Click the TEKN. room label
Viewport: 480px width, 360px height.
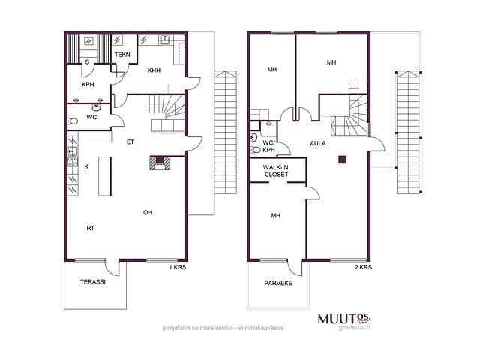[123, 55]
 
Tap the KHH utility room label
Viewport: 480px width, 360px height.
[154, 70]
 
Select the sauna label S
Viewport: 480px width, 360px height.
[87, 62]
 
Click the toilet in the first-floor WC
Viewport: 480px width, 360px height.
[73, 121]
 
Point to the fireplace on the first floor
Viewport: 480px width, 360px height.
[160, 163]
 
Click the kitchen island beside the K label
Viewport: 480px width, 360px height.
[105, 176]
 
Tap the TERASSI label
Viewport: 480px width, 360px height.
[93, 282]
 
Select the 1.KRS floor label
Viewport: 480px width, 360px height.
[178, 267]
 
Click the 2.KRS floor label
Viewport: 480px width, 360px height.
[363, 267]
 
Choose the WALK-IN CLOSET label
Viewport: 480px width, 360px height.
[276, 171]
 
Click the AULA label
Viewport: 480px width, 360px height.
[318, 143]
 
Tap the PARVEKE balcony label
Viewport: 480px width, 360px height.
[278, 283]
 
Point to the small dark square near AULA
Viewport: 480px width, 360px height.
[342, 160]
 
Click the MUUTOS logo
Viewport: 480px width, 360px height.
[344, 318]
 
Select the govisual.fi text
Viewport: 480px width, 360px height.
[355, 328]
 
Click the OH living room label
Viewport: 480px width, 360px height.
[148, 212]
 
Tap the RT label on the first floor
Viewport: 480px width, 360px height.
[90, 228]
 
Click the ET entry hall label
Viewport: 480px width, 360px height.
[130, 142]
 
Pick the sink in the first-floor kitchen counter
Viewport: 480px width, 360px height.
[73, 151]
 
